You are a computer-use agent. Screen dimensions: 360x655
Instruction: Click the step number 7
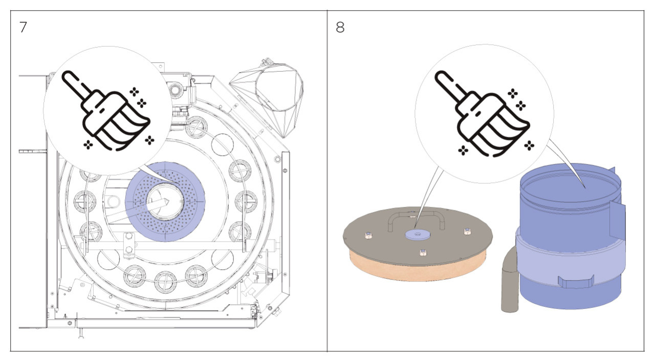23,27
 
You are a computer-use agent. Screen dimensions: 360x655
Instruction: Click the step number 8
340,27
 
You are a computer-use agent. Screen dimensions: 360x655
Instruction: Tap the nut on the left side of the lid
367,235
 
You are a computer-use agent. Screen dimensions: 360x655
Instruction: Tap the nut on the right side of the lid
467,231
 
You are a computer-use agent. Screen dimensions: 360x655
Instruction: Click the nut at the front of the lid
423,252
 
